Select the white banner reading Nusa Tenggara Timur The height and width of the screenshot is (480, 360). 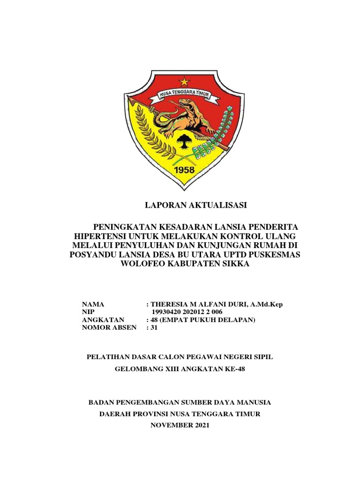[x=180, y=97]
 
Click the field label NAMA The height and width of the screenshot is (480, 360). [x=93, y=304]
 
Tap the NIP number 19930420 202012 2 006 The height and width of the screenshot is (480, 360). [x=187, y=312]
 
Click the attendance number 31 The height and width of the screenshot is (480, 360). [x=155, y=328]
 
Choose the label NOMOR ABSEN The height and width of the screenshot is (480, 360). [x=109, y=328]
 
